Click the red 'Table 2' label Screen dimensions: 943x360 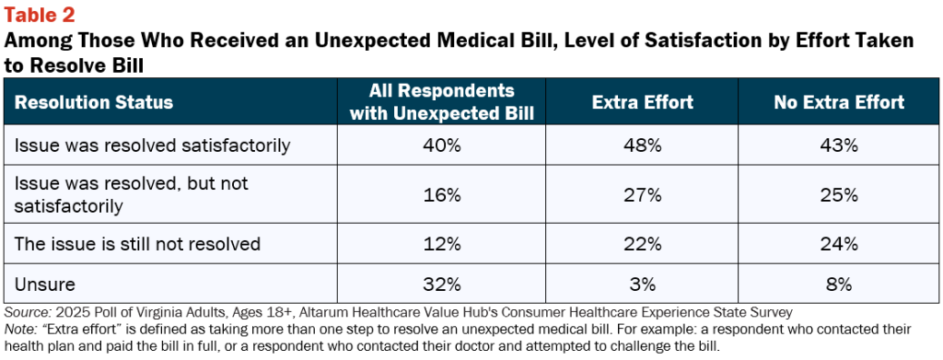point(40,15)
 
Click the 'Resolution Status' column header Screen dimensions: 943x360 point(94,102)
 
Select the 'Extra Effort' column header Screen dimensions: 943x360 point(642,102)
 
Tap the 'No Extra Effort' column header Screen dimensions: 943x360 point(840,102)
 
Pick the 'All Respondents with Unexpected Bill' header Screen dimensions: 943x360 point(442,102)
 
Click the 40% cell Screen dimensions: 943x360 point(442,145)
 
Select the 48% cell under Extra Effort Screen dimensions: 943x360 point(642,145)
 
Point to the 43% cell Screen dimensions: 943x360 point(840,145)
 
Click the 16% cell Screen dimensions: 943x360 point(442,194)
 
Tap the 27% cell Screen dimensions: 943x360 point(642,194)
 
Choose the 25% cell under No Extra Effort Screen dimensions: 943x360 point(840,194)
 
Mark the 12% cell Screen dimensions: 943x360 point(442,244)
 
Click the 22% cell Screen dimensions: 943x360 point(642,244)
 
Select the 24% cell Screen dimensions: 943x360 point(840,244)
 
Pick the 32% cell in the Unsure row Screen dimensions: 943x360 point(442,284)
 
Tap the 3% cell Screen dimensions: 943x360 point(642,284)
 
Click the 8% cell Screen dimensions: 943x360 point(840,284)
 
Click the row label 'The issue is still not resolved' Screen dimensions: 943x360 point(137,244)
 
